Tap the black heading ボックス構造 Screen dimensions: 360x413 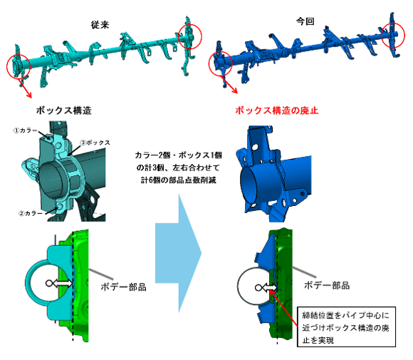coord(63,112)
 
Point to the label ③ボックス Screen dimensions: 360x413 coord(97,143)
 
